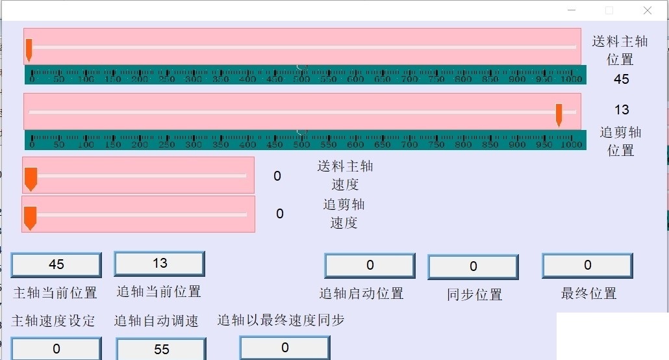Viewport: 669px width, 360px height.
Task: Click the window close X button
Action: coord(648,10)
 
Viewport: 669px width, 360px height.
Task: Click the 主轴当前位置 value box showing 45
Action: coord(57,265)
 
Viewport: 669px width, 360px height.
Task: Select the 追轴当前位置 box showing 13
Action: coord(160,263)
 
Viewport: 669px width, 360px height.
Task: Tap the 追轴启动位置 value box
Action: coord(370,265)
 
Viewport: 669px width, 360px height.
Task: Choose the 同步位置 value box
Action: coord(473,266)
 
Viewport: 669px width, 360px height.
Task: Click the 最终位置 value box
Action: coord(587,265)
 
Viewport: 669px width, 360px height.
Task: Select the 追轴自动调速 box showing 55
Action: coord(161,349)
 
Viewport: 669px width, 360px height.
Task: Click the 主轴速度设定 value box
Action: coord(57,349)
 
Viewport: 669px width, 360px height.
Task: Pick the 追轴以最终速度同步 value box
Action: coord(284,348)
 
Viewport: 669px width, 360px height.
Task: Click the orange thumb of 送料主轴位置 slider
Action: coord(29,49)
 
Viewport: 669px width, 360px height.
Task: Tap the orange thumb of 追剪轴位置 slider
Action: coord(559,114)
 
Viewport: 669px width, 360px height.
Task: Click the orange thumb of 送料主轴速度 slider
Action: coord(31,179)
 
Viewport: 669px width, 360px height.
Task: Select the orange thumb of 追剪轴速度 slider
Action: coord(30,218)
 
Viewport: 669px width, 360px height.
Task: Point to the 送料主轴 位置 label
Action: coord(620,50)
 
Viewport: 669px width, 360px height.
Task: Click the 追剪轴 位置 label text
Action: coord(620,141)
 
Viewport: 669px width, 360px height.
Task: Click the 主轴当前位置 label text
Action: coord(55,292)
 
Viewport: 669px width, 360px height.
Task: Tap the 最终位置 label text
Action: coord(588,294)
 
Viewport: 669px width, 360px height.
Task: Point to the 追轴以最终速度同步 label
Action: coord(281,320)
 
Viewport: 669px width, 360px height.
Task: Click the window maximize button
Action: coord(609,10)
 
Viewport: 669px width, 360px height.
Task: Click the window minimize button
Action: coord(572,10)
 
